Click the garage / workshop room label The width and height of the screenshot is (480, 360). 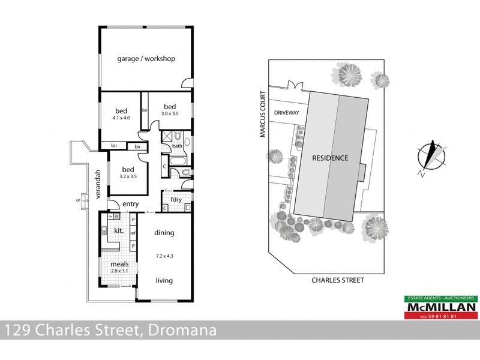pyautogui.click(x=146, y=59)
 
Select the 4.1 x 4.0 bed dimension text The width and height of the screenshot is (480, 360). pyautogui.click(x=121, y=118)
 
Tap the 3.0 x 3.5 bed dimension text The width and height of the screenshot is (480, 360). pyautogui.click(x=170, y=113)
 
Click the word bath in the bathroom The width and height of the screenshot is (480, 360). pyautogui.click(x=177, y=146)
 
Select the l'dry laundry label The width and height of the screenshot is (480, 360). pyautogui.click(x=176, y=199)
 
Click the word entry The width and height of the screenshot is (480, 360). pyautogui.click(x=131, y=205)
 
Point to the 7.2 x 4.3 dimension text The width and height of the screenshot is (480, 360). pyautogui.click(x=164, y=255)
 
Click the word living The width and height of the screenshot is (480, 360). pyautogui.click(x=164, y=280)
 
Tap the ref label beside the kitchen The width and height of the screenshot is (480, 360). pyautogui.click(x=133, y=233)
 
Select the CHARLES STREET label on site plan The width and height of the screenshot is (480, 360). pyautogui.click(x=337, y=280)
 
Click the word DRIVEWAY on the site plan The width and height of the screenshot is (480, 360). pyautogui.click(x=286, y=112)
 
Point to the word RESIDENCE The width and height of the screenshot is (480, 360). pyautogui.click(x=329, y=158)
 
